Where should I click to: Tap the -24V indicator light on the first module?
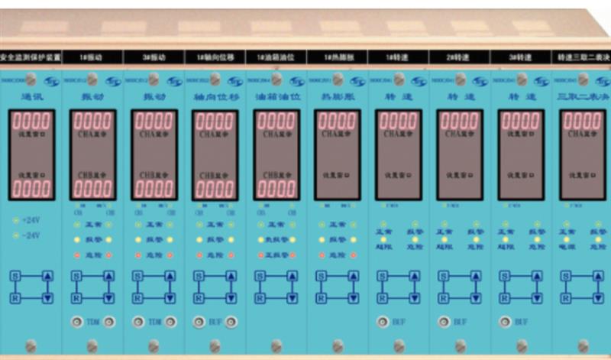[x=16, y=235]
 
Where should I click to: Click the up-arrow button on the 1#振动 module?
[x=109, y=276]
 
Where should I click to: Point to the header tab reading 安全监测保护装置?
[x=30, y=57]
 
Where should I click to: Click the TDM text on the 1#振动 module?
[x=92, y=323]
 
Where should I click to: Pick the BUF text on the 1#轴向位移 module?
[x=215, y=323]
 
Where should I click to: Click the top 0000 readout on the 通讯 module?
[x=31, y=122]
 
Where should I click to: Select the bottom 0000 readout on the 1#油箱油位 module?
[x=276, y=188]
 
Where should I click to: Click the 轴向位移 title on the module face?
[x=215, y=97]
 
